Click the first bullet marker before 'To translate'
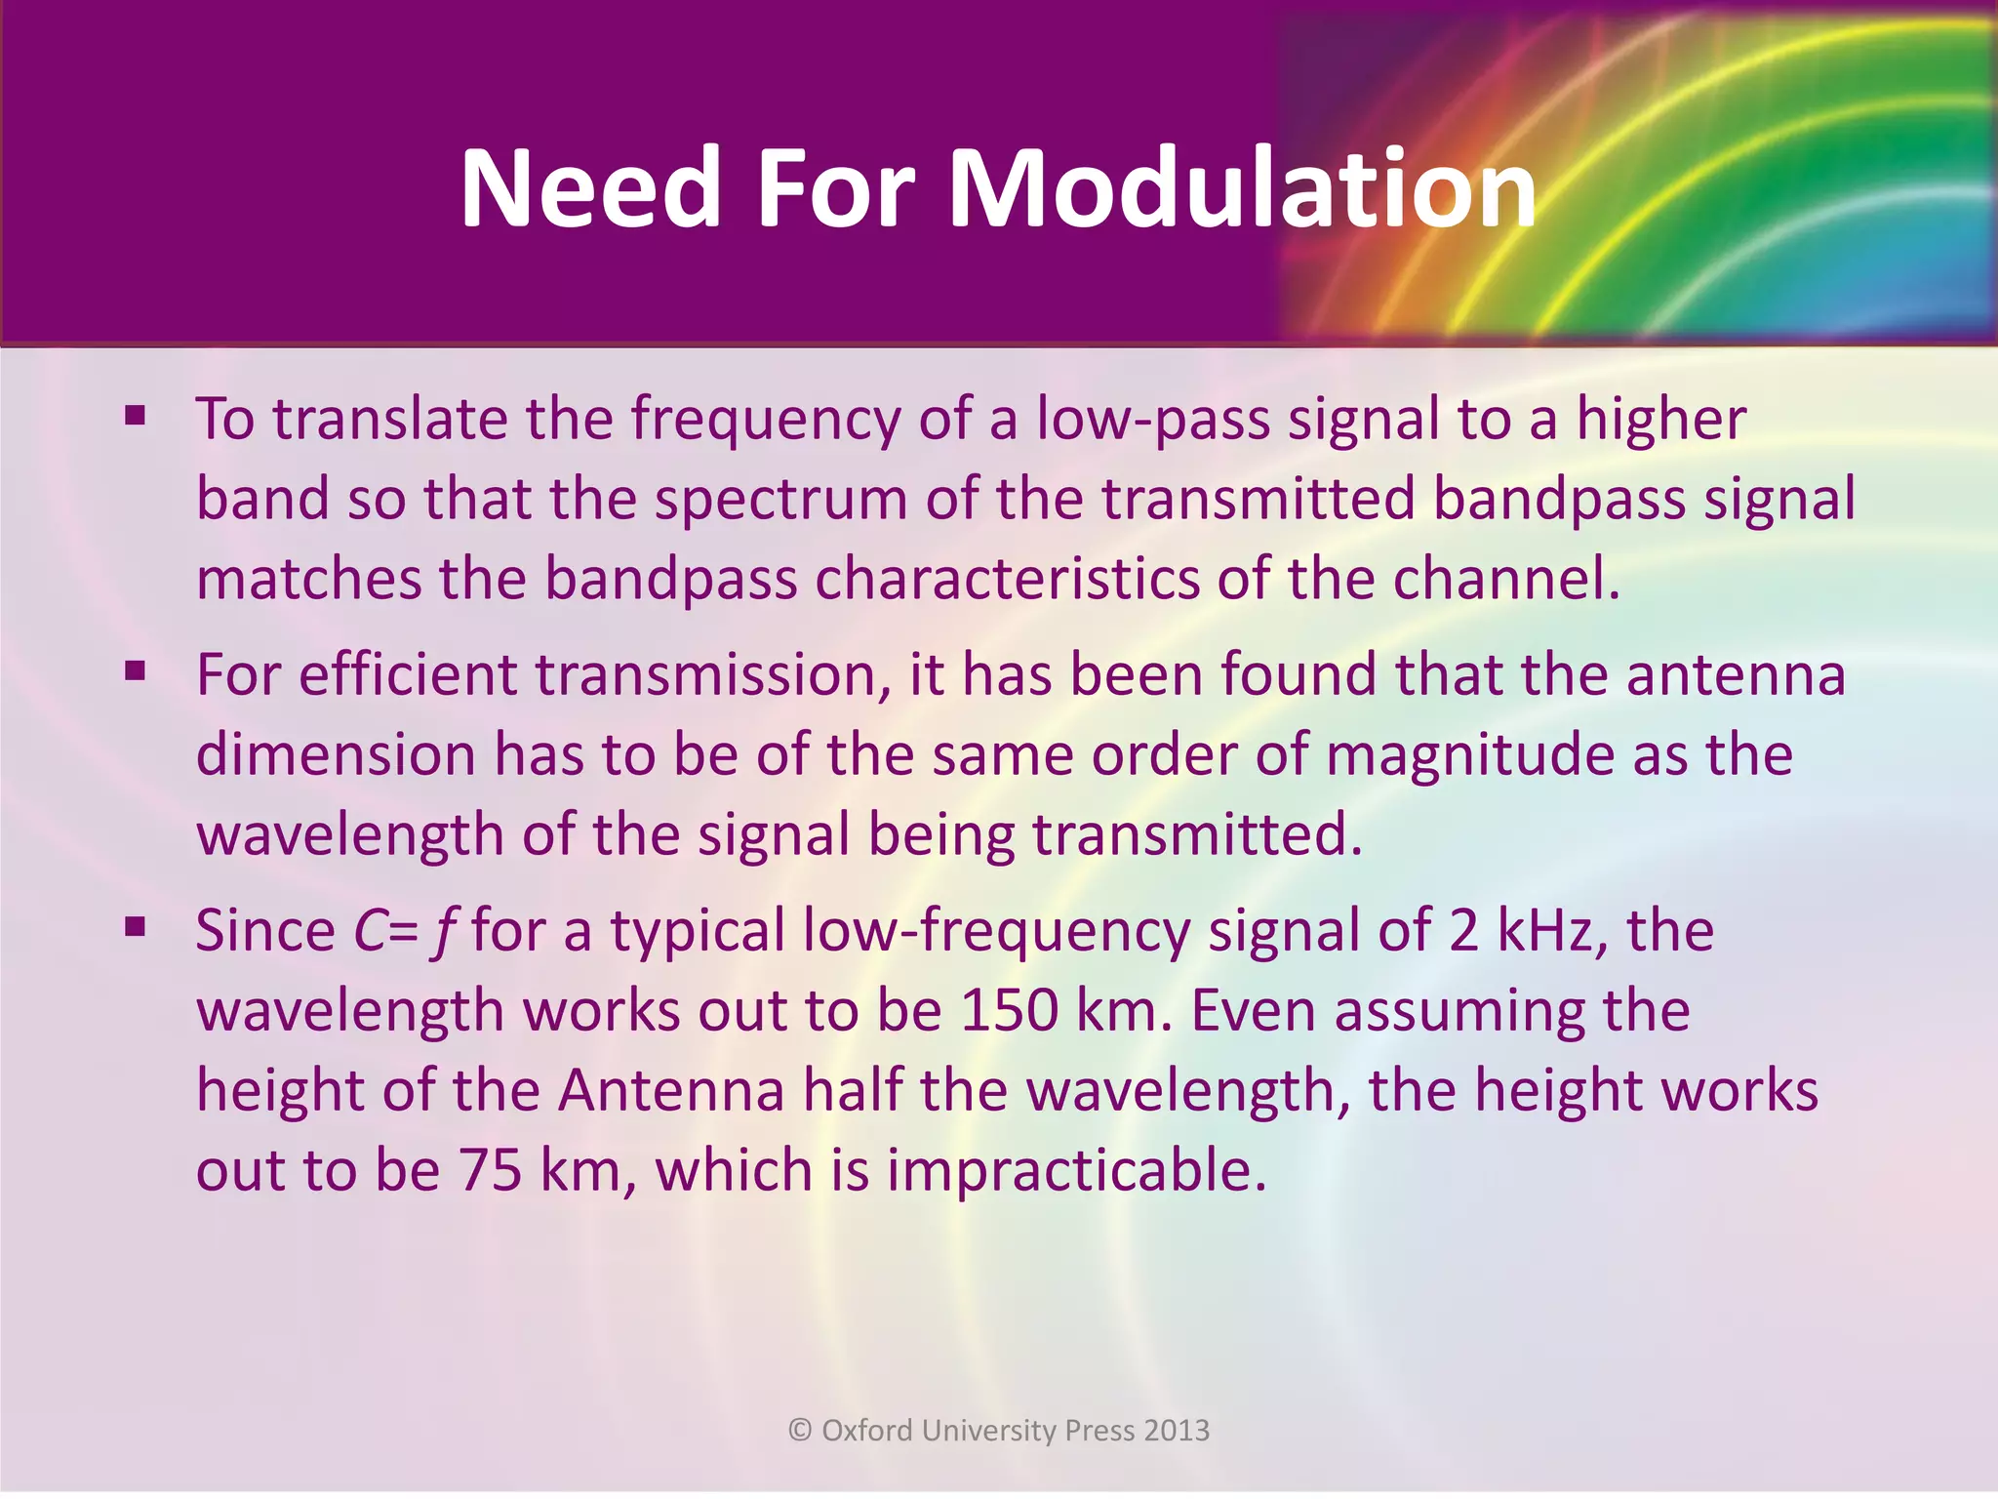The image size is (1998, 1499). coord(135,418)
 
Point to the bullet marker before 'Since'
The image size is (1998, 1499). coord(135,928)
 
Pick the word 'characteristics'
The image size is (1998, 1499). coord(1007,579)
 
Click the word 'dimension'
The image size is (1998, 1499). coord(336,755)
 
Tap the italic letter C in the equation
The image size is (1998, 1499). coord(371,930)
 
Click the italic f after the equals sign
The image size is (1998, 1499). coord(445,932)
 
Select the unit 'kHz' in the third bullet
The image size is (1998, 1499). coord(1552,930)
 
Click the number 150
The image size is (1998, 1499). coord(1010,1010)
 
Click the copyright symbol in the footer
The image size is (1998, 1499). coord(800,1430)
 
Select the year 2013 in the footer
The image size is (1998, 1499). coord(1177,1430)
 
